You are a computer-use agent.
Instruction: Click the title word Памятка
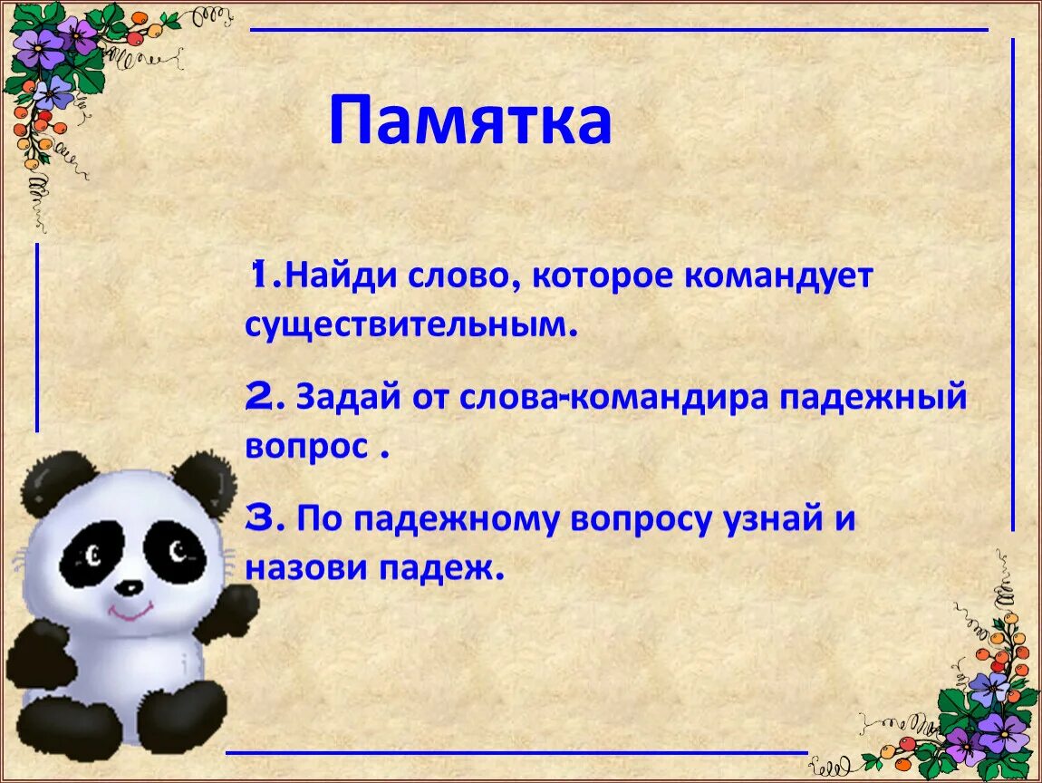[x=469, y=121]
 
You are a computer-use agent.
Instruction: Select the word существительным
[x=410, y=324]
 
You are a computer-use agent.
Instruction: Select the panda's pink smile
[x=130, y=614]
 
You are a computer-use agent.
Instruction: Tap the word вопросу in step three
[x=641, y=521]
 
